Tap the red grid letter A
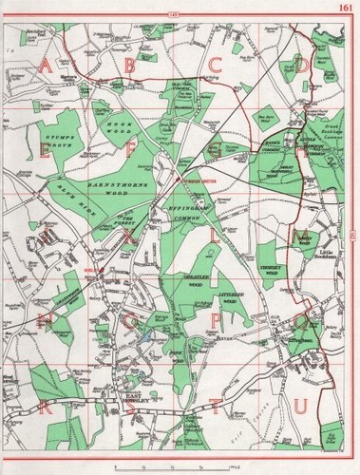pyautogui.click(x=45, y=65)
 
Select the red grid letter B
pyautogui.click(x=129, y=65)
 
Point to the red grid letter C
pyautogui.click(x=216, y=65)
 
